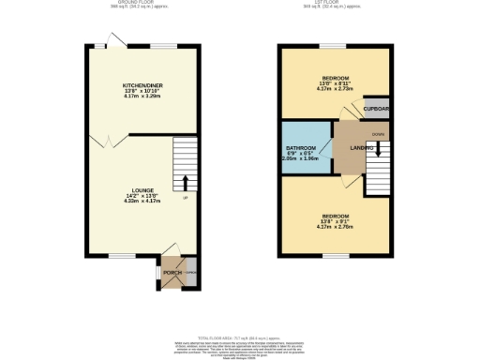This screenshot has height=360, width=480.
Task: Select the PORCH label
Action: [x=172, y=273]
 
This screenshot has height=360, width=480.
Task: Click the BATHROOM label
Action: [x=301, y=149]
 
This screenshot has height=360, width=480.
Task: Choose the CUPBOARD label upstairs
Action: [x=377, y=109]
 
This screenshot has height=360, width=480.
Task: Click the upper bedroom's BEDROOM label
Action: [x=335, y=78]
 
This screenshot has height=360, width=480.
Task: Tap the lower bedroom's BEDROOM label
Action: [x=335, y=216]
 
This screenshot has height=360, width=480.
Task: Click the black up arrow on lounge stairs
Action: [x=185, y=181]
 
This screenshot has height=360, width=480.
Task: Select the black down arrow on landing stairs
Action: [x=378, y=151]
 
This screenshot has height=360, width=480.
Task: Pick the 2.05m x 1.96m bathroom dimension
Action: [x=301, y=159]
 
